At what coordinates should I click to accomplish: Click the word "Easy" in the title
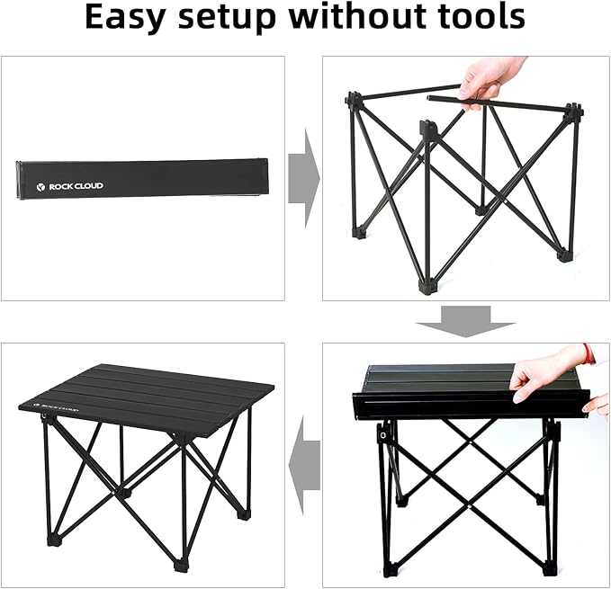coord(127,19)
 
